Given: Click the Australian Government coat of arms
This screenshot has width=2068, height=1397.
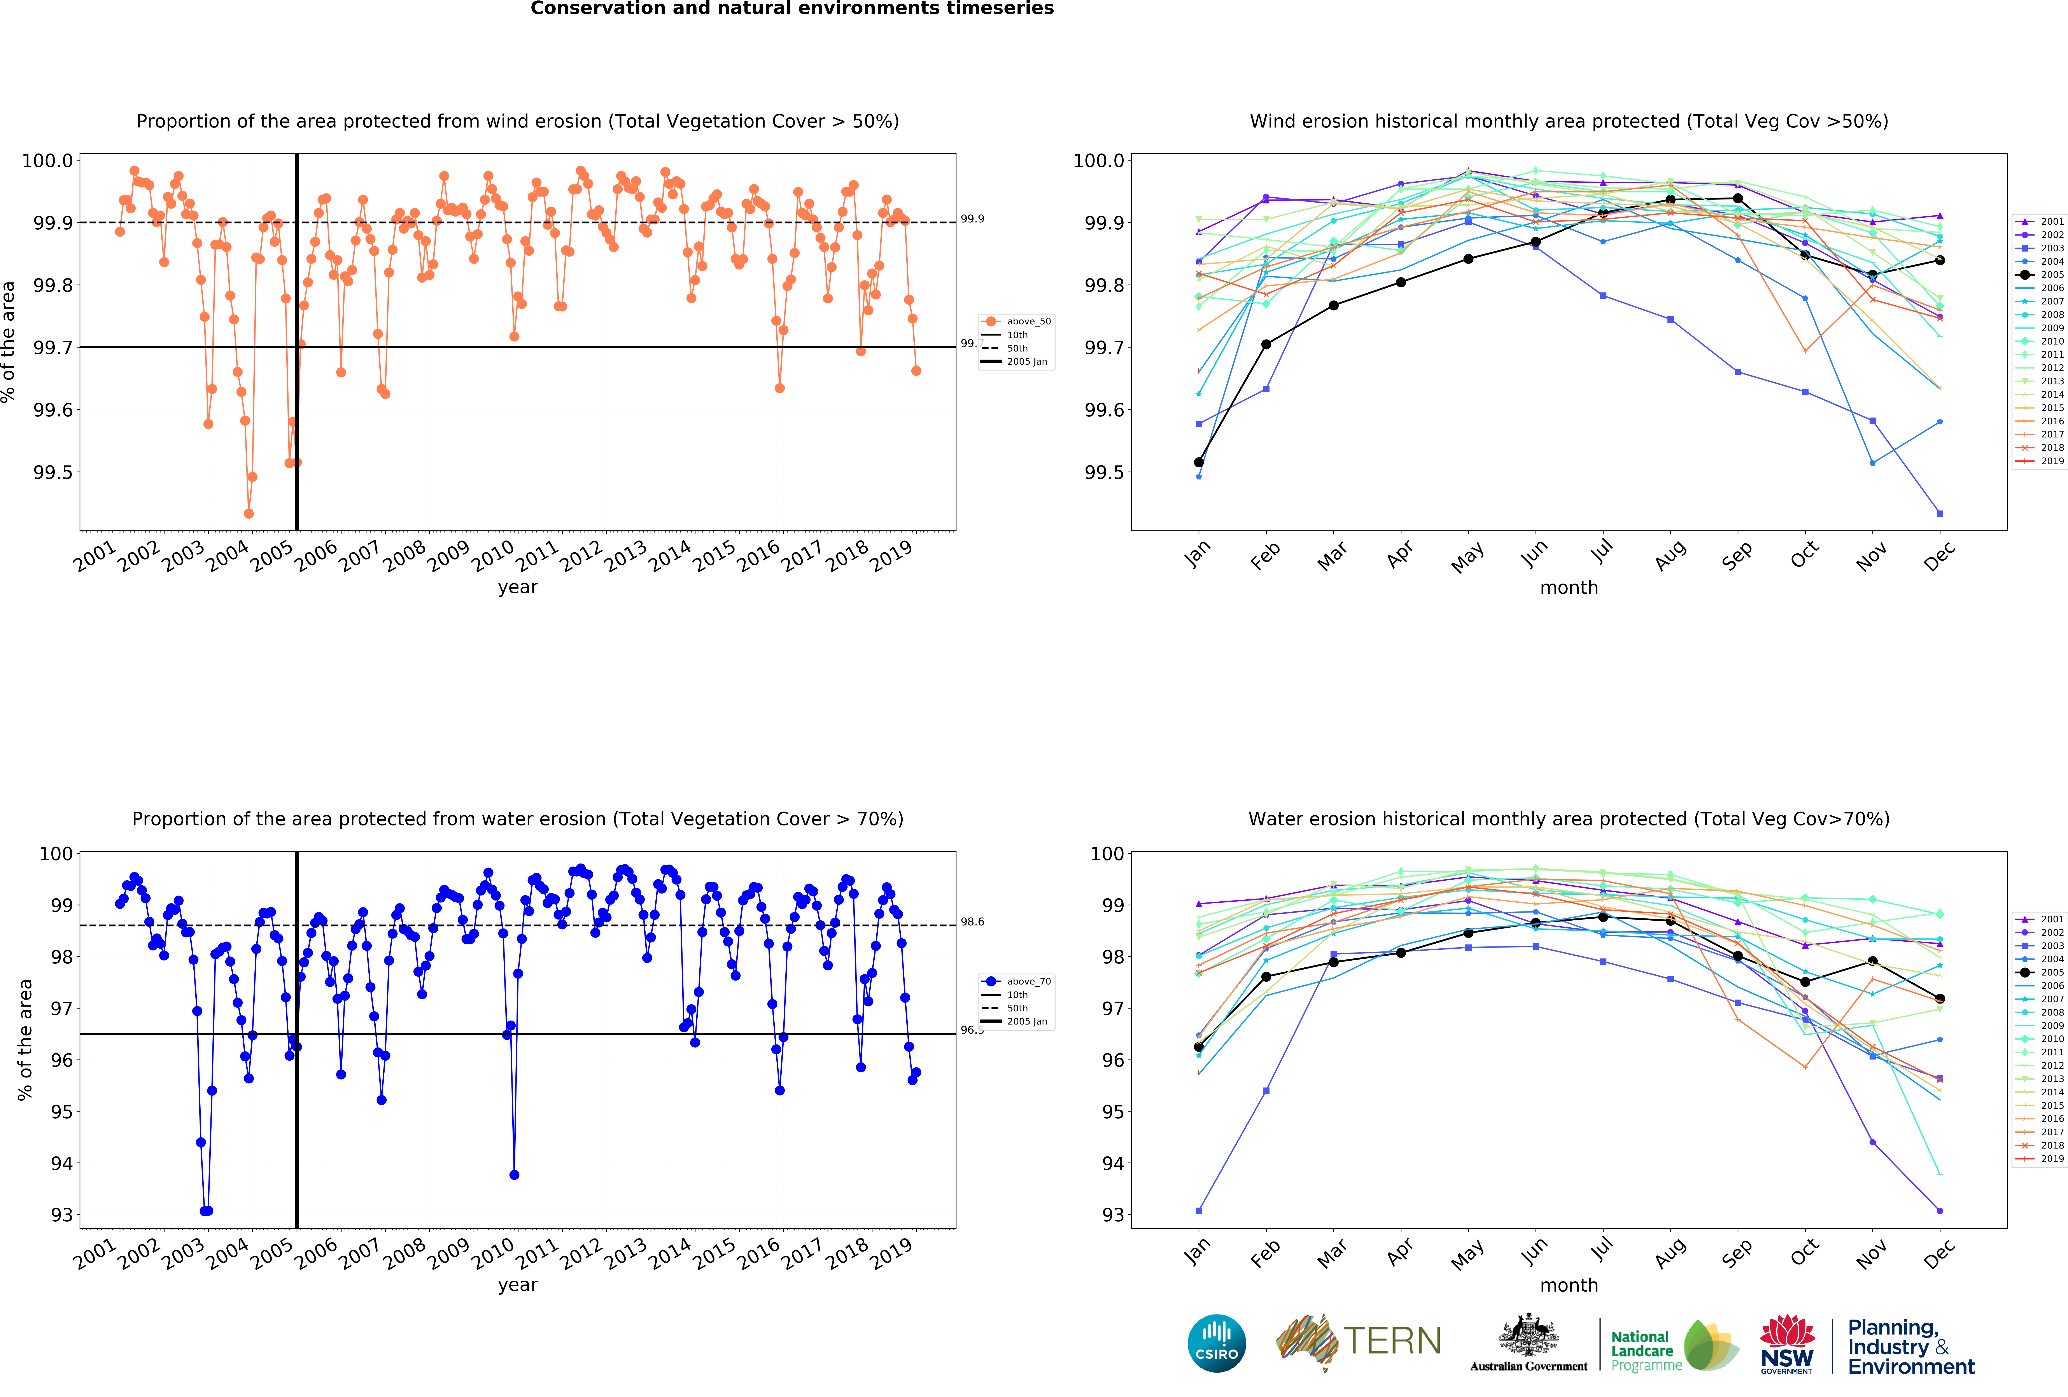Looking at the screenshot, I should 1528,1335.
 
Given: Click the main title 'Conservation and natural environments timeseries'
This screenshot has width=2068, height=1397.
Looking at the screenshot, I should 792,9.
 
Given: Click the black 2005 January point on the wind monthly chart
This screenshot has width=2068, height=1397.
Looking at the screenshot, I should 1199,462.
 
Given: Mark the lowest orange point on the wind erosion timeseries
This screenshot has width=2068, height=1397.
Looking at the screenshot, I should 248,513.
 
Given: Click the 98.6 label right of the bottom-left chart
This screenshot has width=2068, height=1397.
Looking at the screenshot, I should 972,922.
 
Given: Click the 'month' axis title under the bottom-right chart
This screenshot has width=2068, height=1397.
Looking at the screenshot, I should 1569,1285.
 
